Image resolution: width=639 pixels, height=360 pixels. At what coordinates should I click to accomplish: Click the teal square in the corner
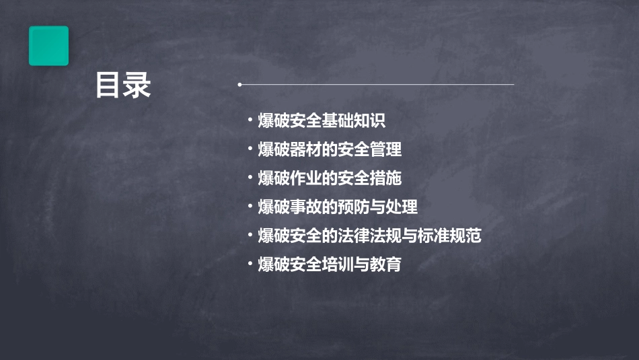48,46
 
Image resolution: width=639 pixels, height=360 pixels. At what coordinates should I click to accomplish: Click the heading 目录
122,86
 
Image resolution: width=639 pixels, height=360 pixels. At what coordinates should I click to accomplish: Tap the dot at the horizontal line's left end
239,85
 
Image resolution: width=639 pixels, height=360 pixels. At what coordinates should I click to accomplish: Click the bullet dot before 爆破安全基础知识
250,121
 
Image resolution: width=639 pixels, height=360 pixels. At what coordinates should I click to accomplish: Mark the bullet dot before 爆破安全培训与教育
250,264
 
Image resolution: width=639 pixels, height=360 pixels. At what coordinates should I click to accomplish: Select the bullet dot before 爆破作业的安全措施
250,178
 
